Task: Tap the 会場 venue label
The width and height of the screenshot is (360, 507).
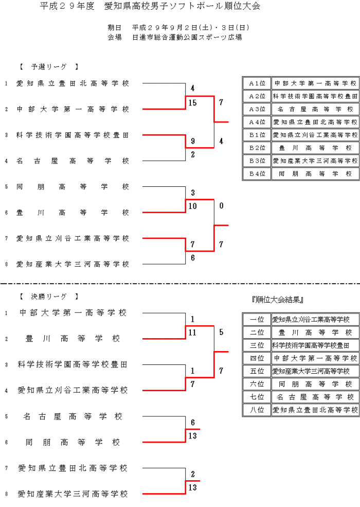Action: click(115, 37)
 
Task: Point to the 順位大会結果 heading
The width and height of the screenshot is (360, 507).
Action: click(278, 299)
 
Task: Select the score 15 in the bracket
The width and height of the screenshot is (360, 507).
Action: click(193, 103)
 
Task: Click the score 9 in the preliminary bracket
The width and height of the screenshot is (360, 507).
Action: click(193, 141)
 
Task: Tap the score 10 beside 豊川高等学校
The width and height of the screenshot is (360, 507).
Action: click(193, 206)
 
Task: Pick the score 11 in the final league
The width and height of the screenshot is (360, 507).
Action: click(193, 333)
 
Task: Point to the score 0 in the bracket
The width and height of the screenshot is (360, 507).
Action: click(221, 206)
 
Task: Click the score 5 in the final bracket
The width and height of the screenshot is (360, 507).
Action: click(221, 333)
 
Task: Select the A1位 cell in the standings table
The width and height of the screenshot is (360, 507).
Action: click(257, 83)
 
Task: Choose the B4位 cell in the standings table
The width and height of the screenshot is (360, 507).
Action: click(257, 174)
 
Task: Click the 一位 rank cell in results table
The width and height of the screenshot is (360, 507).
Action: click(257, 319)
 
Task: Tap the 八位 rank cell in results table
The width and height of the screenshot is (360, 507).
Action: click(257, 410)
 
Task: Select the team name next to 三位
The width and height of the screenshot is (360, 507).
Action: click(315, 345)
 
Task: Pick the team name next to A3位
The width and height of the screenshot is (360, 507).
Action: click(315, 109)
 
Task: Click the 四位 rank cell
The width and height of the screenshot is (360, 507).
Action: click(257, 358)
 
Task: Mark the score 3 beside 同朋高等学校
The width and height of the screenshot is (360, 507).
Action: click(193, 193)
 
